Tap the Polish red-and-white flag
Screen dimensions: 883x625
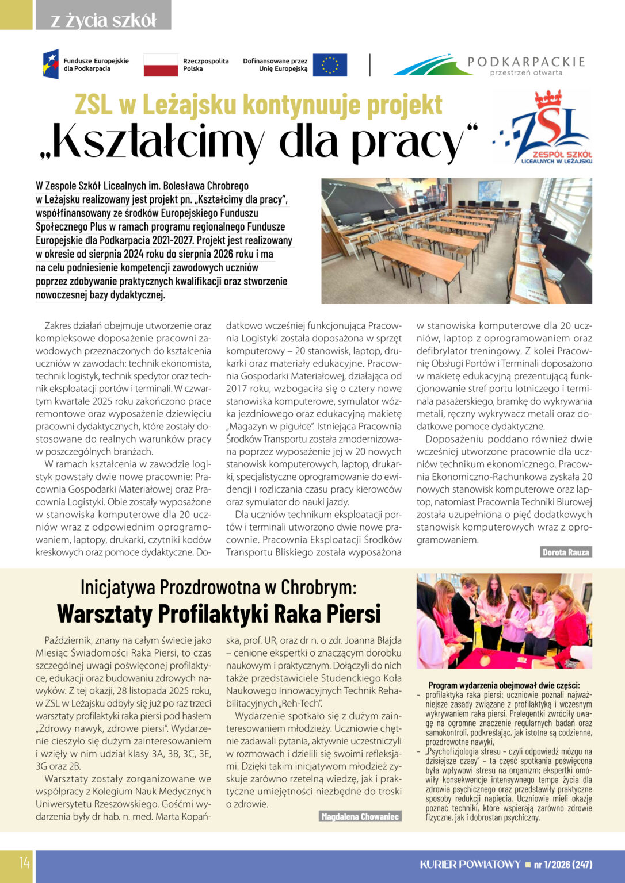pos(161,65)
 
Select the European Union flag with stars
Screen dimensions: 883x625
pos(330,65)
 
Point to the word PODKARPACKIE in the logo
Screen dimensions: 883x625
pos(526,62)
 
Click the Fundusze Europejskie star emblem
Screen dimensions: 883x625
pos(51,64)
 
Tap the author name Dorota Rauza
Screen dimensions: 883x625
pos(566,552)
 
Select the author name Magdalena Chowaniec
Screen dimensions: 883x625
pos(360,817)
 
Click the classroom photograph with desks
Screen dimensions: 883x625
pos(456,240)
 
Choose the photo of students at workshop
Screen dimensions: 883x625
pos(504,621)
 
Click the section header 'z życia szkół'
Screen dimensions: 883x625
pos(103,21)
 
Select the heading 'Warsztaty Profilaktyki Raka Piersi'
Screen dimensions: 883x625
pos(219,613)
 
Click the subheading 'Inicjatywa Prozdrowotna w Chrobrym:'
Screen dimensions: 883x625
pos(219,587)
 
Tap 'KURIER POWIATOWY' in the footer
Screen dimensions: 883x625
pos(470,865)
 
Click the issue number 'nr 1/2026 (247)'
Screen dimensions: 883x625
pos(563,865)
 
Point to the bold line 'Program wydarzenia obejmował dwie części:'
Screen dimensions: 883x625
pos(504,685)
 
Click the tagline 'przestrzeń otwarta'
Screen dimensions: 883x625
pos(526,72)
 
